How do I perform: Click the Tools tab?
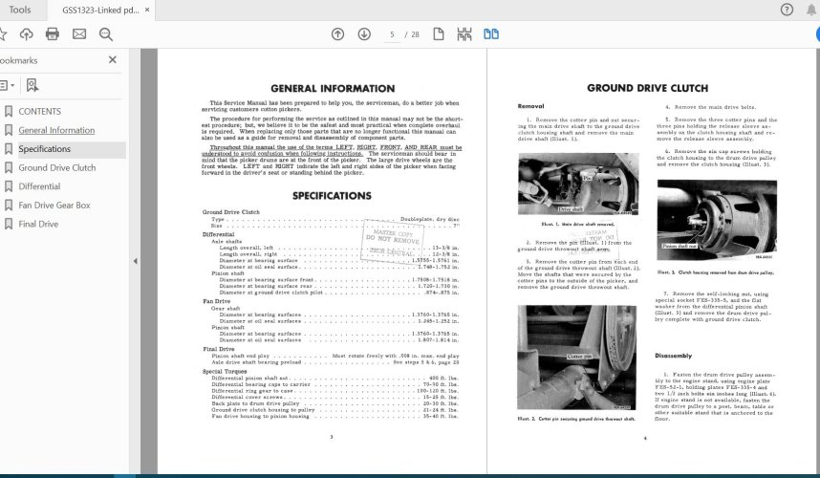pos(19,10)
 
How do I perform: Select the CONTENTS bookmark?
pos(39,111)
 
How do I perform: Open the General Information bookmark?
pos(56,130)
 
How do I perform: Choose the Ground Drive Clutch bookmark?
pos(56,167)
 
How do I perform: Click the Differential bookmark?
pos(39,186)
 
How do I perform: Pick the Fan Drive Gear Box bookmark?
pos(54,205)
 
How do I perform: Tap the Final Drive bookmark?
pos(38,224)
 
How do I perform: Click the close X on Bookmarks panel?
pos(113,59)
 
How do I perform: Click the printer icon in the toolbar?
pos(53,34)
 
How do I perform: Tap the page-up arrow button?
pos(337,34)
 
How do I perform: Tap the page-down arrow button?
pos(364,34)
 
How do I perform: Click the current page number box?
pos(392,34)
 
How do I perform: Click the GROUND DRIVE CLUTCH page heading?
pos(647,88)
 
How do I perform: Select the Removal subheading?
pos(531,105)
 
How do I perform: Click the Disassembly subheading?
pos(673,355)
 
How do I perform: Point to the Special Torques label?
pos(224,371)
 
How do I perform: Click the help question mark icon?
pos(787,10)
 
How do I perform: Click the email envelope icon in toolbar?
pos(79,34)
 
